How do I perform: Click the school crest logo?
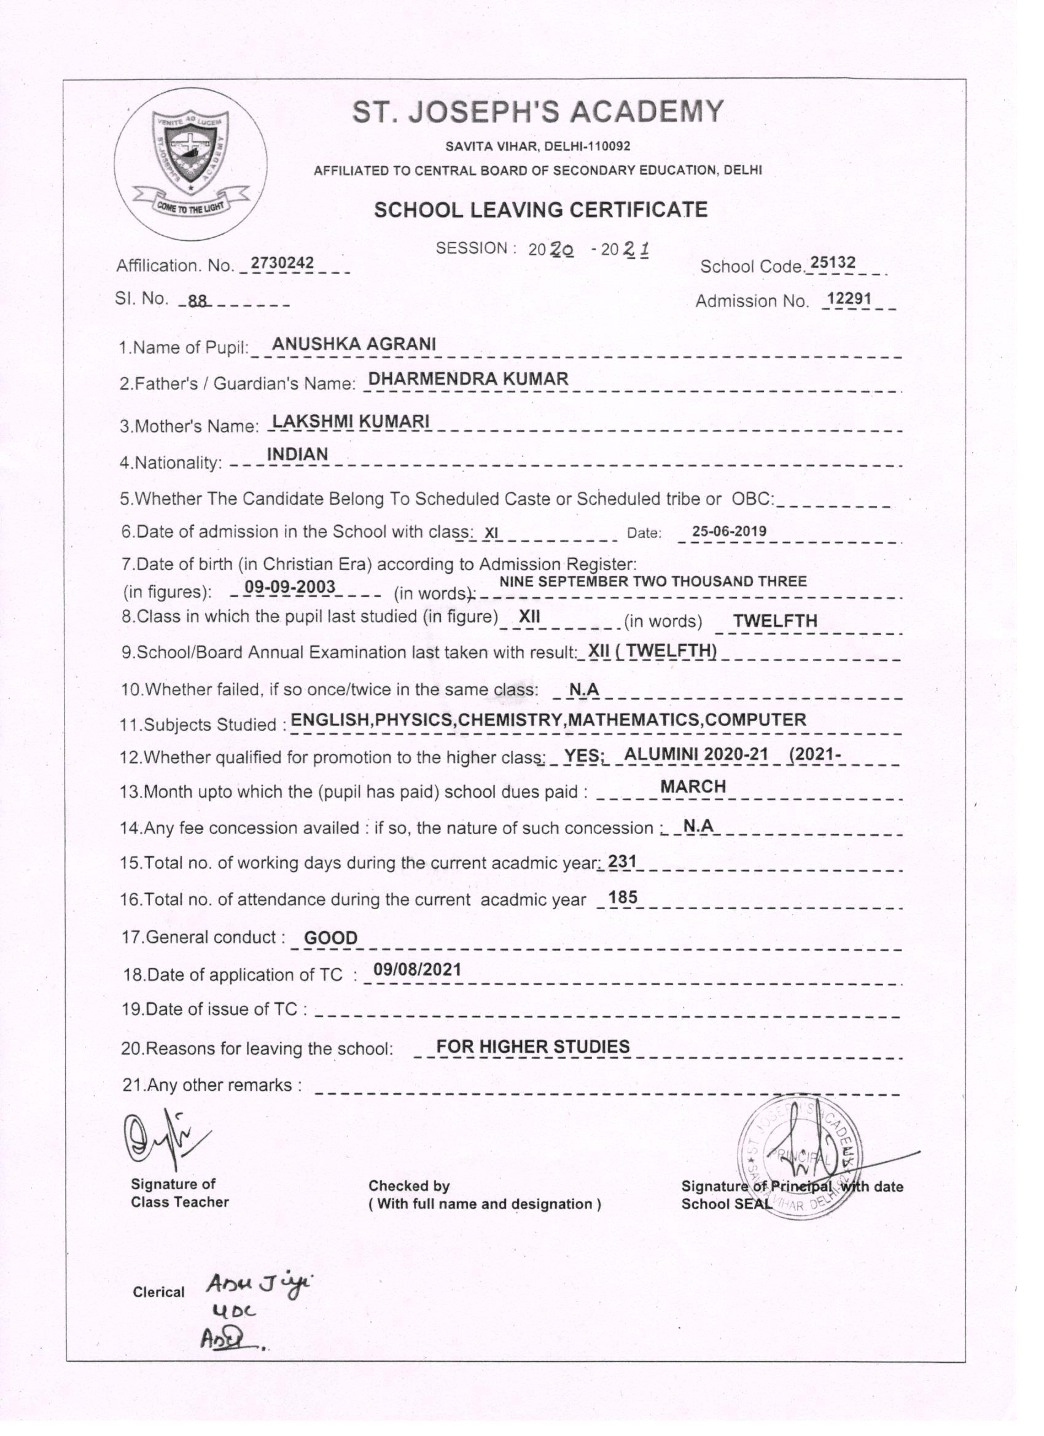pyautogui.click(x=190, y=163)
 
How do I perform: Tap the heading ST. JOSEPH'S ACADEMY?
pyautogui.click(x=537, y=112)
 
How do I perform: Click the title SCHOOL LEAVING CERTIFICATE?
pyautogui.click(x=540, y=209)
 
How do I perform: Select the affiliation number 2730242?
pyautogui.click(x=282, y=263)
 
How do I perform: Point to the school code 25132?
pyautogui.click(x=833, y=263)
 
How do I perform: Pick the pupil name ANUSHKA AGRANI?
pyautogui.click(x=354, y=344)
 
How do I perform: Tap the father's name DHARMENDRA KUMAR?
pyautogui.click(x=469, y=378)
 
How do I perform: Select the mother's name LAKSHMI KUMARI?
pyautogui.click(x=350, y=421)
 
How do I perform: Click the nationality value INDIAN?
pyautogui.click(x=298, y=454)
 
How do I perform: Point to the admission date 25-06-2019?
pyautogui.click(x=729, y=531)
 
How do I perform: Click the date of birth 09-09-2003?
pyautogui.click(x=290, y=587)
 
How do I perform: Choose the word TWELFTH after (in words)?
pyautogui.click(x=775, y=620)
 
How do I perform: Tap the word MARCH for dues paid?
pyautogui.click(x=693, y=786)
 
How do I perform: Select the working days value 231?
pyautogui.click(x=621, y=861)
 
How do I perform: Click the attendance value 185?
pyautogui.click(x=622, y=897)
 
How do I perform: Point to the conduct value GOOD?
pyautogui.click(x=330, y=938)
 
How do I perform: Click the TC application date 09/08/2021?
pyautogui.click(x=417, y=969)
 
